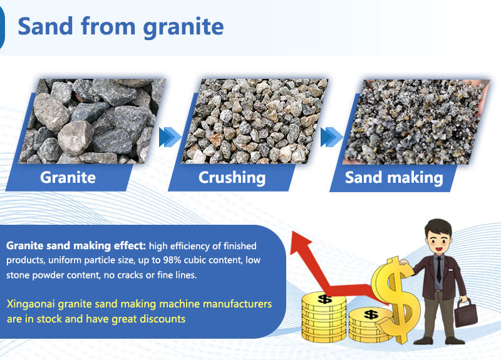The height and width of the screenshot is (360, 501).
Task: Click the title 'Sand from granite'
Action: (120, 26)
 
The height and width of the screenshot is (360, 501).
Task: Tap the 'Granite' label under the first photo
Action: (68, 177)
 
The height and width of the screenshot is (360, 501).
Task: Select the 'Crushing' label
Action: (232, 177)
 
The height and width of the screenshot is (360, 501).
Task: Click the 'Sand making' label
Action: (394, 177)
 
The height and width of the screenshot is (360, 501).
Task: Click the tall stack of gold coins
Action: (324, 316)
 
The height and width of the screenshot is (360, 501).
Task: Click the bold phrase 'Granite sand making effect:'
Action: (76, 246)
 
